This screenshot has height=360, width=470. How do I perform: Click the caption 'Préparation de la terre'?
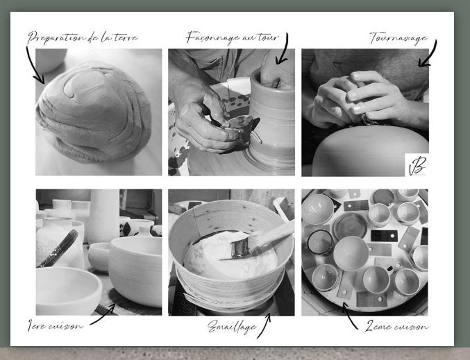pyautogui.click(x=83, y=37)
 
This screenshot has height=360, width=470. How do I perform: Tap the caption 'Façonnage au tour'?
pyautogui.click(x=233, y=37)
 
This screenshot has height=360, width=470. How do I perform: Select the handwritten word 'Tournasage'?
pyautogui.click(x=398, y=38)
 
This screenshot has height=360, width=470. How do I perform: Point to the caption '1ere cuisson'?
pyautogui.click(x=55, y=325)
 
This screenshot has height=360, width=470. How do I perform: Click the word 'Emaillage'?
pyautogui.click(x=232, y=327)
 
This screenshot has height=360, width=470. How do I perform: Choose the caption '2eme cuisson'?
pyautogui.click(x=397, y=326)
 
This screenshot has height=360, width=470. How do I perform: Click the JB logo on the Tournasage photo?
pyautogui.click(x=417, y=165)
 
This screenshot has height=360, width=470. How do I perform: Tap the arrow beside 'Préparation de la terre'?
pyautogui.click(x=34, y=66)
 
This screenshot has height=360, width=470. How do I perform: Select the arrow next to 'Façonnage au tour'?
pyautogui.click(x=284, y=49)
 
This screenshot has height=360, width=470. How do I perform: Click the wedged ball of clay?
pyautogui.click(x=94, y=111)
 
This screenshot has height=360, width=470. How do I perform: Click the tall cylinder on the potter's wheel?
pyautogui.click(x=272, y=120)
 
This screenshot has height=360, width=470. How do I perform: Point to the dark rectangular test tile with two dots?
pyautogui.click(x=384, y=236)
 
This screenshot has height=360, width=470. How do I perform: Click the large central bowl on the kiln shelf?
pyautogui.click(x=351, y=253)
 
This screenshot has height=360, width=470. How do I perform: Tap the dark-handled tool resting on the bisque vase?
pyautogui.click(x=58, y=248)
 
